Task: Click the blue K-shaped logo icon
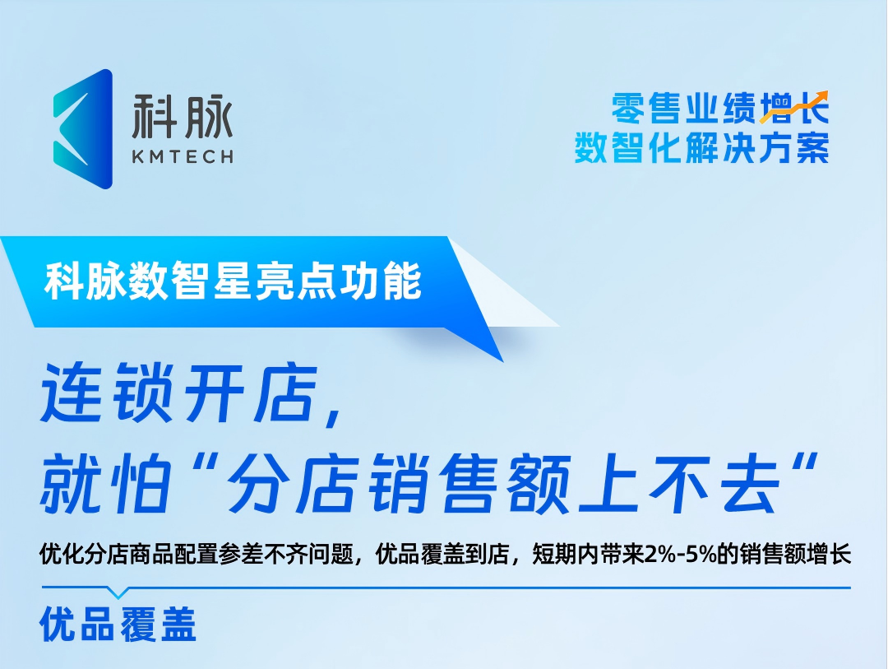(82, 129)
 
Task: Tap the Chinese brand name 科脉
(183, 117)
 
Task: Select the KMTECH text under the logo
(183, 156)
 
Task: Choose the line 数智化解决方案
(701, 149)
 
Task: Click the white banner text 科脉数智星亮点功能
(234, 281)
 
